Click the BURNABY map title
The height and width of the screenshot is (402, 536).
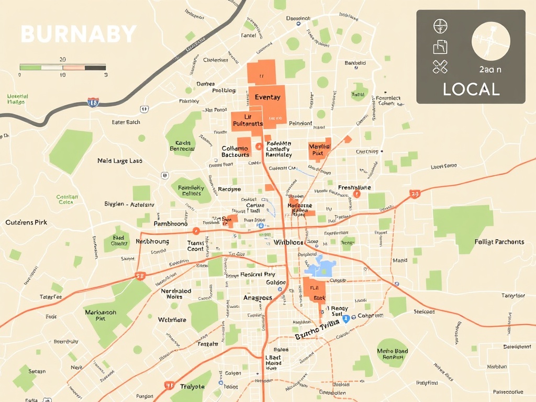[x=79, y=35]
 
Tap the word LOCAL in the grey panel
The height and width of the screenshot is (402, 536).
[x=471, y=89]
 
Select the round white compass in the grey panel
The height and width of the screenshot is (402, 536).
[x=490, y=41]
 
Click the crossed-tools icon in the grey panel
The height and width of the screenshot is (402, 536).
[x=440, y=66]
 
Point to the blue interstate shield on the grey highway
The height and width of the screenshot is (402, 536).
[x=93, y=102]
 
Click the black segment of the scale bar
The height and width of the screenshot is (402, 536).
[x=95, y=67]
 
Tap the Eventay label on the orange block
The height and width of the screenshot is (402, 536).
[x=267, y=97]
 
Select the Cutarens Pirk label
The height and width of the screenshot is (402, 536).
[x=26, y=222]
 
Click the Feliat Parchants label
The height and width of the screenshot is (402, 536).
[x=499, y=242]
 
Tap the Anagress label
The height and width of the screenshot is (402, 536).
[x=258, y=298]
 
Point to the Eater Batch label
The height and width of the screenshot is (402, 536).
[x=126, y=122]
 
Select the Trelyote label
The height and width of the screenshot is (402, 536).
[x=192, y=386]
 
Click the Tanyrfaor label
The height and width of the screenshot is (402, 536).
[x=513, y=296]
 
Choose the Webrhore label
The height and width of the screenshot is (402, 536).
[x=172, y=320]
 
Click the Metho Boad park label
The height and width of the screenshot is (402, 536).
[x=392, y=354]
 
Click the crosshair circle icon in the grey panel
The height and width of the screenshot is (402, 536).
[x=440, y=26]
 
